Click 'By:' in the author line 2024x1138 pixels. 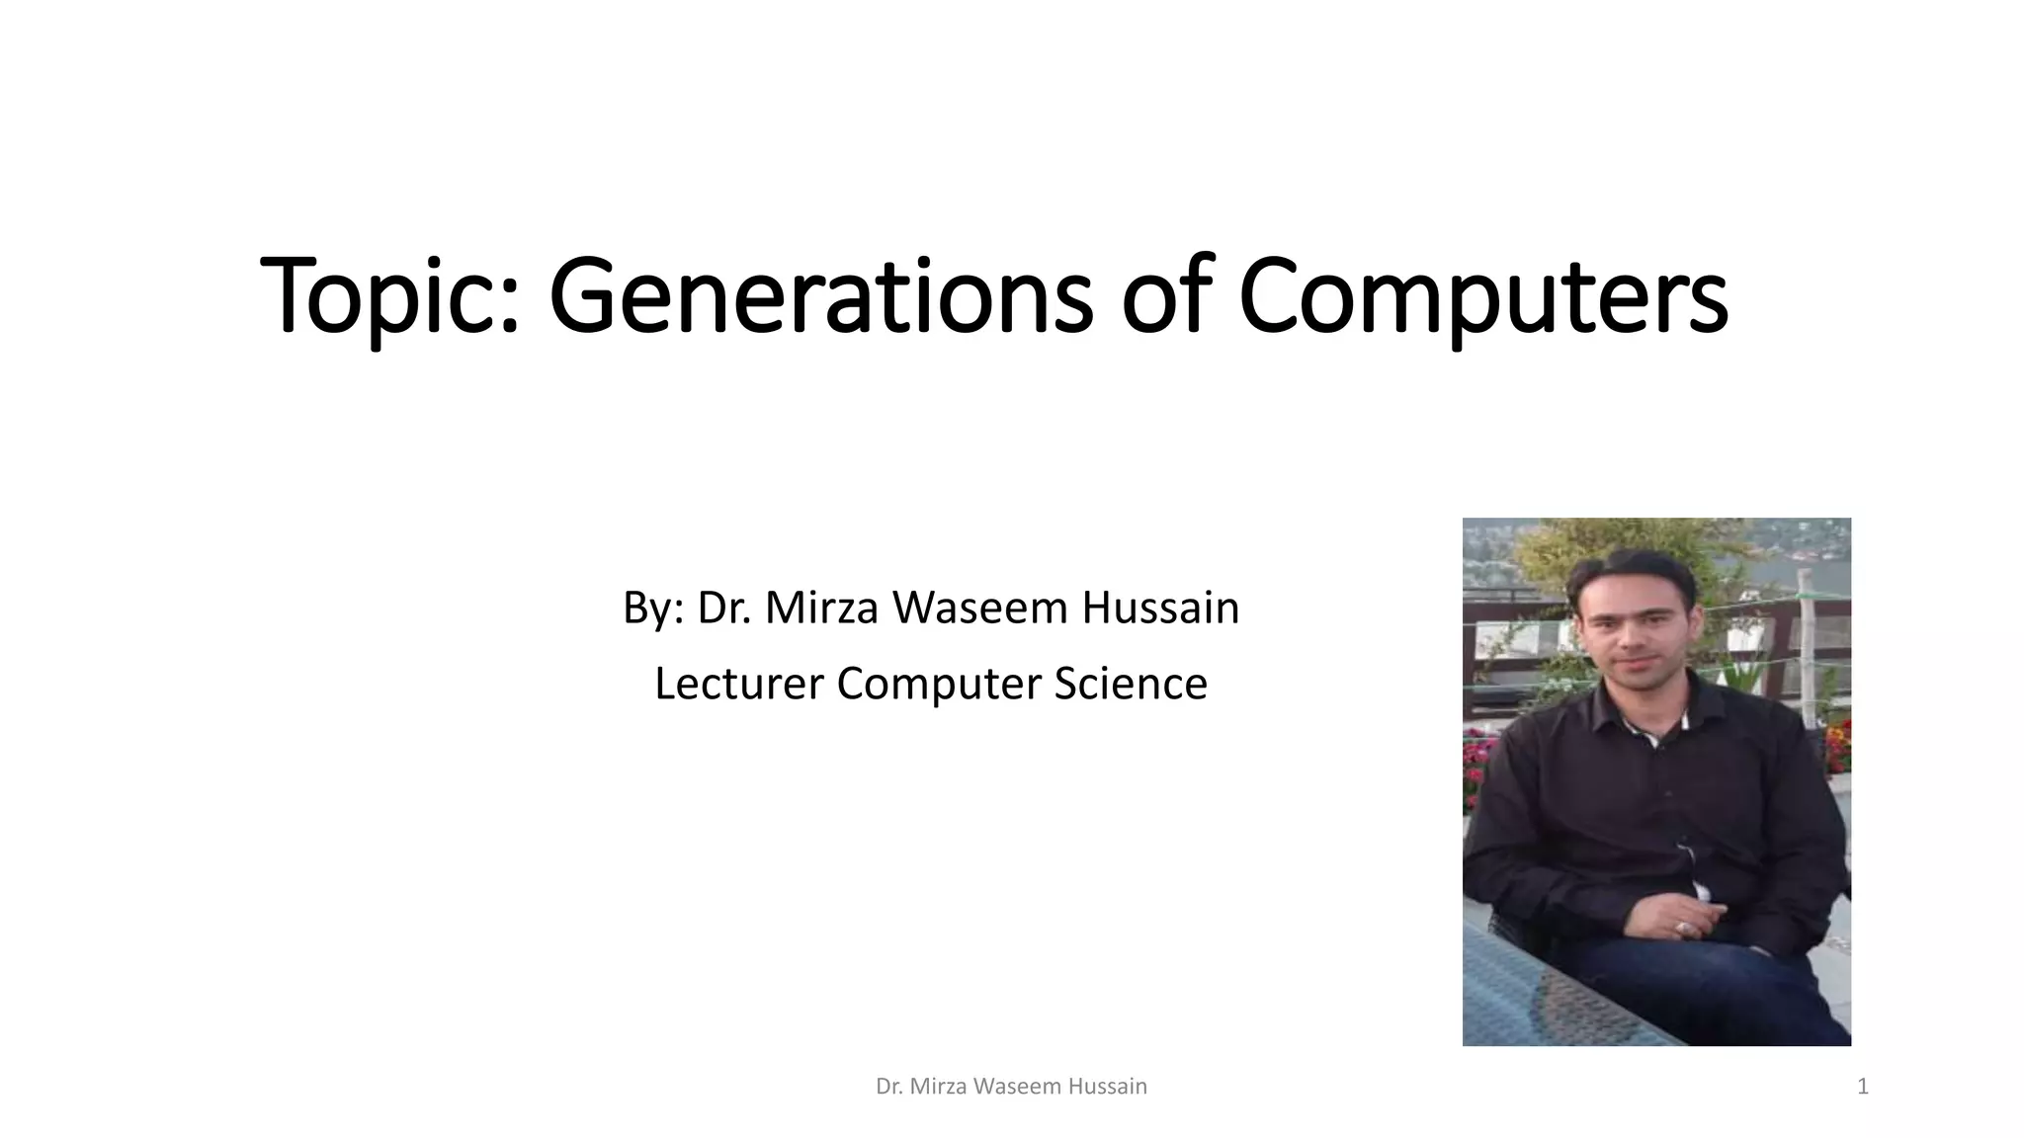pyautogui.click(x=652, y=608)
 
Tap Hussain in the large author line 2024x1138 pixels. pyautogui.click(x=1160, y=608)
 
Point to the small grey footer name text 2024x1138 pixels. pyautogui.click(x=1011, y=1087)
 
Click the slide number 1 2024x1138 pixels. pyautogui.click(x=1863, y=1087)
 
